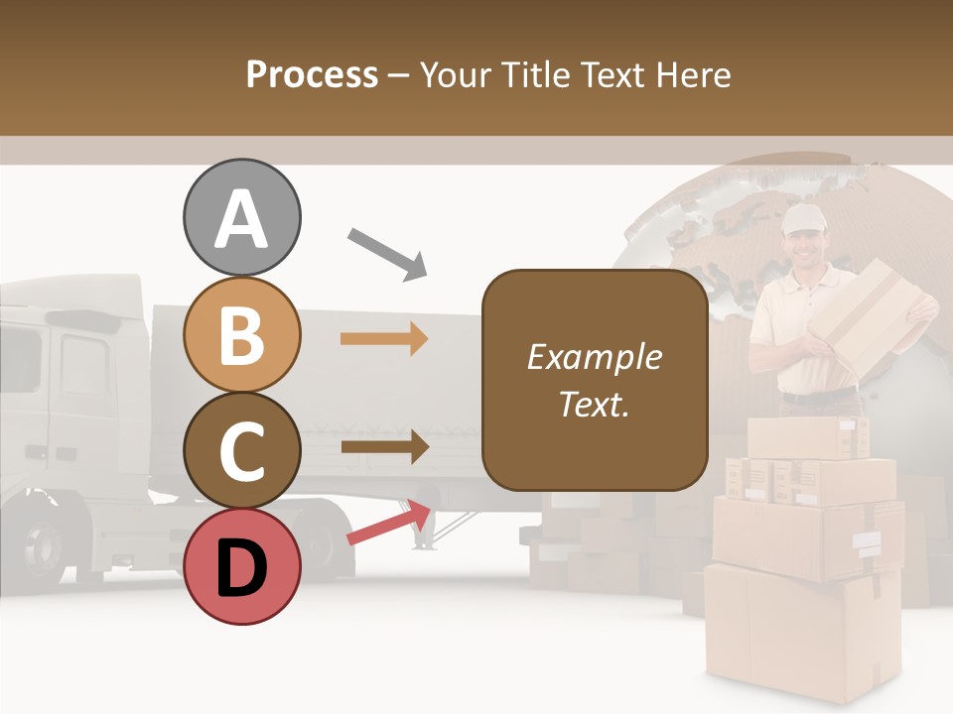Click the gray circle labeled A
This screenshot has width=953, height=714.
tap(241, 217)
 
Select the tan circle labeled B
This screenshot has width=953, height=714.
tap(241, 334)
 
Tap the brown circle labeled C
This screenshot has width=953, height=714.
tap(241, 450)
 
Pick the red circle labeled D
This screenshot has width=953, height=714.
tap(241, 566)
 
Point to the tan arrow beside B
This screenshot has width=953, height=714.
tap(384, 339)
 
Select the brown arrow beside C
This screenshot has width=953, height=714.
tap(384, 447)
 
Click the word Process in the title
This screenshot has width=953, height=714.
tap(312, 74)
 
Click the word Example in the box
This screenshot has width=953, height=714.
tap(594, 357)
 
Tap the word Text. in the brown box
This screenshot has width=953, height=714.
tap(594, 404)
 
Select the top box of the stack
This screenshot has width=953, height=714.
tap(806, 437)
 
